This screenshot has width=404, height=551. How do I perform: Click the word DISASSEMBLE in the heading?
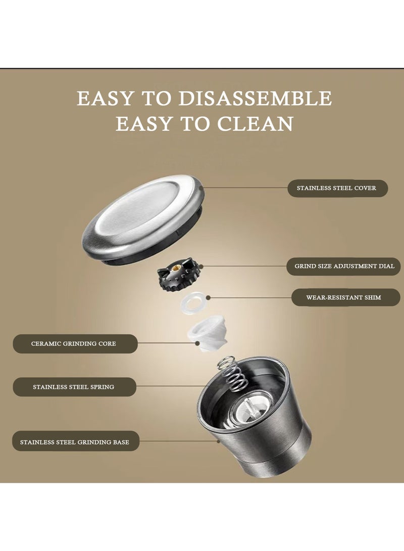pos(255,98)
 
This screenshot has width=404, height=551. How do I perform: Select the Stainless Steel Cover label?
pos(338,188)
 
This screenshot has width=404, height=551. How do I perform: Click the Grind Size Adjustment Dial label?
pos(343,266)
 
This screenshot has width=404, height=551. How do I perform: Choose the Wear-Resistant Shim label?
pos(346,297)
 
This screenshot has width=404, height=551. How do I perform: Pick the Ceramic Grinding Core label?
pos(75,343)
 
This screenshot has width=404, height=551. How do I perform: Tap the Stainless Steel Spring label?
pos(74,387)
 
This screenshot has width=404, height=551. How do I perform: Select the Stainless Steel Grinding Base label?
pos(76,442)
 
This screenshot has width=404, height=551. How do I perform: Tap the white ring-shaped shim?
pos(193,303)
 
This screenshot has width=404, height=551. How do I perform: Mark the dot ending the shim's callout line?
pos(209,297)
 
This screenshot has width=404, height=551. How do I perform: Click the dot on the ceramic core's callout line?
pos(198,343)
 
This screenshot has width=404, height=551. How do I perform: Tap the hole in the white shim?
pos(193,303)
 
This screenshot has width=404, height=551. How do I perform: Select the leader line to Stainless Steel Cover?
pos(245,188)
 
